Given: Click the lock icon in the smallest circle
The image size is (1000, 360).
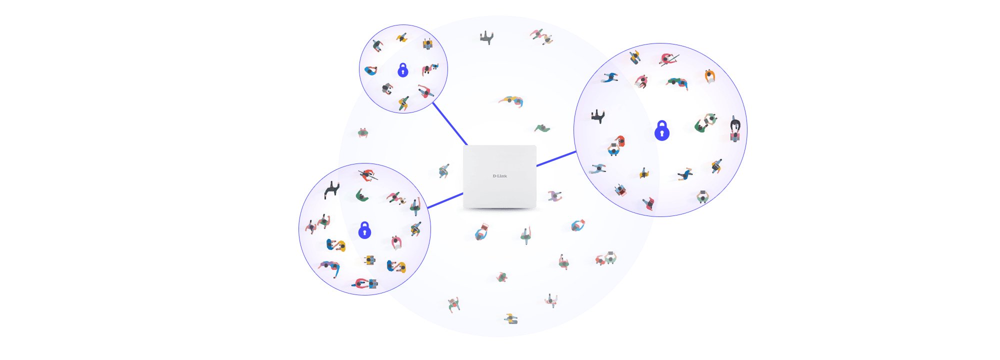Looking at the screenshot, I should point(402,70).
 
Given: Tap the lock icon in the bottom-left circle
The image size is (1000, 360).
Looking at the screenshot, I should point(364,230).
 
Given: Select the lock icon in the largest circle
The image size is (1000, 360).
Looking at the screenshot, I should point(661,131).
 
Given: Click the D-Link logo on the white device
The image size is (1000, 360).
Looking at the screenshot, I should point(499,176).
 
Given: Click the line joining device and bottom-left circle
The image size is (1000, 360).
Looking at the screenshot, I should point(445,200).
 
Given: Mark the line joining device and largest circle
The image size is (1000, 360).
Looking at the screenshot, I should point(556,158).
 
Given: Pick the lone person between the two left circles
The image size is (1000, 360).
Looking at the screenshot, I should point(363,133).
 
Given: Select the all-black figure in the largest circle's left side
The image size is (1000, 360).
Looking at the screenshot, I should point(598,116).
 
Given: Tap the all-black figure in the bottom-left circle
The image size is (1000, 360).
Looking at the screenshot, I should point(331,189).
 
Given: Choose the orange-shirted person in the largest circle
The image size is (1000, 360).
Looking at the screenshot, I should point(709,76).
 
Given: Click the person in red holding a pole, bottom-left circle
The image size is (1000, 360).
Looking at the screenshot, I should point(368,175).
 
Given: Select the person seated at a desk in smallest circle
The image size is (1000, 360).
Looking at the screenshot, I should point(427,44).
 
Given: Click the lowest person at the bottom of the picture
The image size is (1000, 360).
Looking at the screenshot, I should point(510,318).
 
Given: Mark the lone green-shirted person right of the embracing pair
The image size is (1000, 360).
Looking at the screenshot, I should point(542,128).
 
